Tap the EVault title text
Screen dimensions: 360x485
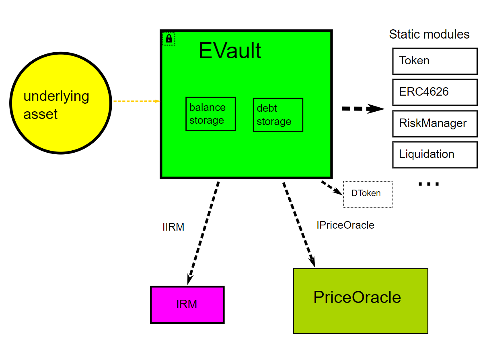[230, 51]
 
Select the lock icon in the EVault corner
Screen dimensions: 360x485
[169, 39]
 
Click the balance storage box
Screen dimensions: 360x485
[210, 114]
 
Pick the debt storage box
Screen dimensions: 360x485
[278, 115]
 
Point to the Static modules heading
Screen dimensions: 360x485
[429, 35]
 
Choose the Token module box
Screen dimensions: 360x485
[435, 61]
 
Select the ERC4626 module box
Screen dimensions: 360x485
[435, 92]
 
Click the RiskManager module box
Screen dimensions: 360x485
[435, 123]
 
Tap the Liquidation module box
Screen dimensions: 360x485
[435, 155]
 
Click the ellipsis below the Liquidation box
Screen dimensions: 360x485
[429, 184]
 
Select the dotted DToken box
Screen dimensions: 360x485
[367, 194]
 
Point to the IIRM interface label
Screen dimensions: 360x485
[173, 227]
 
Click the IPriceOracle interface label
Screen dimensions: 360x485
[345, 225]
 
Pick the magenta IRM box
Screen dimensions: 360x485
[187, 305]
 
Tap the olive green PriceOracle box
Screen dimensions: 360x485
[360, 301]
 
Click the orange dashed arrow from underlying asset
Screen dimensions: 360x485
[136, 101]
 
